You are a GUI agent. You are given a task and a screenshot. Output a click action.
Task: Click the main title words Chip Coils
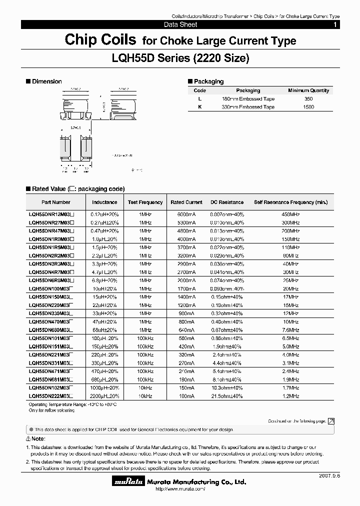tap(100, 40)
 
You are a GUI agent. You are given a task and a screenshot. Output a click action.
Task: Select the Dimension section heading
tap(46, 81)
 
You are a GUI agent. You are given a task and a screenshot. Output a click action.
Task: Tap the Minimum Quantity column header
tap(308, 90)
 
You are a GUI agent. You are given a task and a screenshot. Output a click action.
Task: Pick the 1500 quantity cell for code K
tap(308, 107)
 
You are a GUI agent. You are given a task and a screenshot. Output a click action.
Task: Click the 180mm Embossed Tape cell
tap(248, 99)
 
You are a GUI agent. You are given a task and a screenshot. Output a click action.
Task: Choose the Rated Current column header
tap(186, 202)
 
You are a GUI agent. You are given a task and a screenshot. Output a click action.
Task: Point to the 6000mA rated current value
tap(186, 213)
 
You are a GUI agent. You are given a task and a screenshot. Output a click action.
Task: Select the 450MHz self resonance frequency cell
tap(290, 213)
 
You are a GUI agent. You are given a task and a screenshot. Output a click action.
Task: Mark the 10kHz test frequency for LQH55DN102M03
tap(145, 387)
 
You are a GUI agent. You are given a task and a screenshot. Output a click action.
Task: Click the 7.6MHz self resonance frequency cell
tap(290, 329)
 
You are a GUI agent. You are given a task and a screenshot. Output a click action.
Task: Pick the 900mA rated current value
tap(186, 313)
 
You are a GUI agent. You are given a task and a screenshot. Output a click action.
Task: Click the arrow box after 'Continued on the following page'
tap(331, 421)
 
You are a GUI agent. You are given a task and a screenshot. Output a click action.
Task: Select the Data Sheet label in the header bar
tap(180, 24)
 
